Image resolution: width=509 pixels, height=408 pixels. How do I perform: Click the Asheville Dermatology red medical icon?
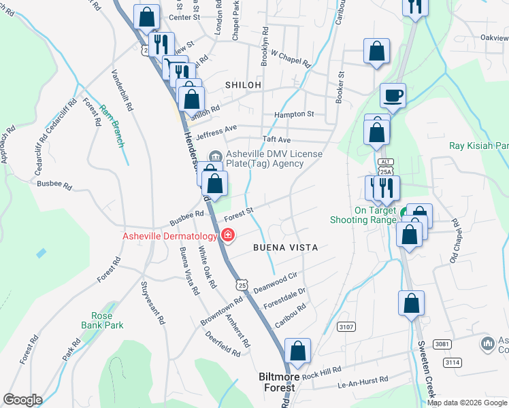point(227,236)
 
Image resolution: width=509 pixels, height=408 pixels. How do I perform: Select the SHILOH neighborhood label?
point(243,85)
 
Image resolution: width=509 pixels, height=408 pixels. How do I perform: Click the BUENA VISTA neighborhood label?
point(285,248)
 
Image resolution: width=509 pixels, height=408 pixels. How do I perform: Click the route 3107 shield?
point(346,327)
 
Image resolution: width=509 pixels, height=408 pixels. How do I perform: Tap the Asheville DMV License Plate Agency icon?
point(216,156)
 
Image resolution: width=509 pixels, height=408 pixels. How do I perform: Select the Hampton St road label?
point(293,114)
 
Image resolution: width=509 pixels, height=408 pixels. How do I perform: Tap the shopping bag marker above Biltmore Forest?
point(298,352)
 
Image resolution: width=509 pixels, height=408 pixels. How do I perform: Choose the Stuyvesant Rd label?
point(152,303)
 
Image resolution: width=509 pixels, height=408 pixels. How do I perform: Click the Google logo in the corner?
point(22,400)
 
